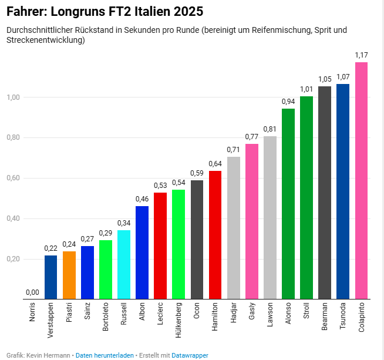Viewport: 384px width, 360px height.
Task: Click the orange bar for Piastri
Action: pos(69,275)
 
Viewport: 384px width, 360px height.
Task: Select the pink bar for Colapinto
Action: pos(361,181)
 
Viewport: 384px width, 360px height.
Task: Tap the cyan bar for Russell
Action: pos(124,264)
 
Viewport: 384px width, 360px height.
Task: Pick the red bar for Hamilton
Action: pos(215,235)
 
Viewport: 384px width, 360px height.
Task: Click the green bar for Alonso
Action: pos(288,204)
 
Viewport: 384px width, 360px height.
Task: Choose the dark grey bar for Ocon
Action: pos(197,240)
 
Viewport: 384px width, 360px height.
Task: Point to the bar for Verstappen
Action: pos(50,277)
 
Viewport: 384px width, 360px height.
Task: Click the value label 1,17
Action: pos(362,55)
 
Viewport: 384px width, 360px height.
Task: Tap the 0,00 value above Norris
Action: pos(32,292)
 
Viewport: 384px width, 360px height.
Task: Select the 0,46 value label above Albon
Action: pos(142,199)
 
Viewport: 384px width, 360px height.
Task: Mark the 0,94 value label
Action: pos(288,102)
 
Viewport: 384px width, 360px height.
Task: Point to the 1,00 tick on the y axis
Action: pos(14,97)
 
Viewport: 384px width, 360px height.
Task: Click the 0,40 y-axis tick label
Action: pos(14,218)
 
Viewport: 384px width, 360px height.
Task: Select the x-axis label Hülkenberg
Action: pos(178,320)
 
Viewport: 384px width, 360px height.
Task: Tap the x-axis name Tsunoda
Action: pos(343,316)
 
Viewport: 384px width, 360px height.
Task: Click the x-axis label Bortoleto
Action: pos(106,317)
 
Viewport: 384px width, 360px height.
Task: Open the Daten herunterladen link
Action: pos(105,355)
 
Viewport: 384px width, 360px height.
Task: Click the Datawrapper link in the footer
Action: pos(190,355)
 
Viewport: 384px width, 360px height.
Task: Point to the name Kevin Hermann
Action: pos(48,355)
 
